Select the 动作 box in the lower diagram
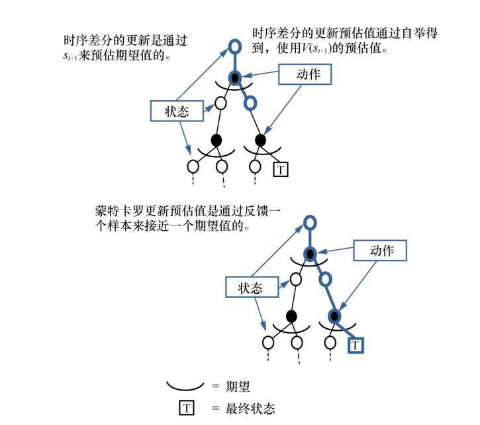pos(379,251)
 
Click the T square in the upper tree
pos(281,170)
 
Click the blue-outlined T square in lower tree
pos(356,345)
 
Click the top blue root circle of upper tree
pos(235,46)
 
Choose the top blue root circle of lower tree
pos(310,223)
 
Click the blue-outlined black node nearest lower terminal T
pos(335,316)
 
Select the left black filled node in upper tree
pos(216,140)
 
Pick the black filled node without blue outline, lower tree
pos(291,316)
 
